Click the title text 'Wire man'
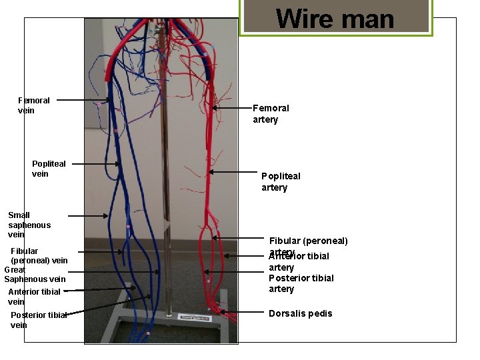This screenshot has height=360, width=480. (x=335, y=18)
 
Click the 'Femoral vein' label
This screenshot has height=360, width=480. (x=34, y=105)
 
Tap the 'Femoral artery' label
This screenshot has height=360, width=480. (x=271, y=113)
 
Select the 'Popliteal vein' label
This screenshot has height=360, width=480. (x=49, y=169)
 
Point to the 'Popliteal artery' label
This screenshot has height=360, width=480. (x=281, y=181)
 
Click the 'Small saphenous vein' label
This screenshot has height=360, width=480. (x=29, y=225)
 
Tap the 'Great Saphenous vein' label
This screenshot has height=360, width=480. (x=35, y=275)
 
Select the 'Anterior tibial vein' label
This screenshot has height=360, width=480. (x=34, y=297)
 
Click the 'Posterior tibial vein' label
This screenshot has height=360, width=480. (x=38, y=320)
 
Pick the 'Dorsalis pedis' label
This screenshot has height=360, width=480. (x=300, y=313)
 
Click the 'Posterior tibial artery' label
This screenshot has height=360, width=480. (x=301, y=283)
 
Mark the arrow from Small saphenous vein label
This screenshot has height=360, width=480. (x=88, y=216)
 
